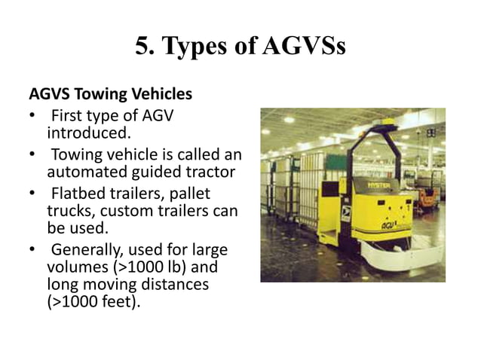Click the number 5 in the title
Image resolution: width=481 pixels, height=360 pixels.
142,47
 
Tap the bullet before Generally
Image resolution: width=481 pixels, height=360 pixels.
32,249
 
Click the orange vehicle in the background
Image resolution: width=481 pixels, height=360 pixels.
427,197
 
